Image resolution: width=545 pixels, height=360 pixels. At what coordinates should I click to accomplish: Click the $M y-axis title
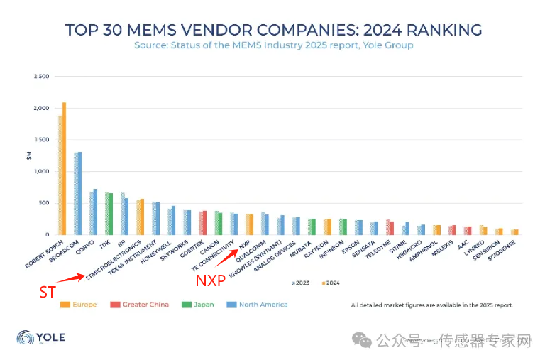pyautogui.click(x=29, y=154)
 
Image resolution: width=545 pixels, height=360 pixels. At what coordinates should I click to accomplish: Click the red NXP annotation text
pyautogui.click(x=210, y=280)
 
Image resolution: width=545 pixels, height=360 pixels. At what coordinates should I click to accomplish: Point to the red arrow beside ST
pyautogui.click(x=72, y=276)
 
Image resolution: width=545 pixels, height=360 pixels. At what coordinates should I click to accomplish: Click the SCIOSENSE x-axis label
pyautogui.click(x=521, y=251)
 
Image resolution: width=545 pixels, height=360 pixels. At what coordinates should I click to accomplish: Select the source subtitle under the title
pyautogui.click(x=273, y=45)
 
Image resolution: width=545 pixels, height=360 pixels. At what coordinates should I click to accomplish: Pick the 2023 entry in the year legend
pyautogui.click(x=301, y=282)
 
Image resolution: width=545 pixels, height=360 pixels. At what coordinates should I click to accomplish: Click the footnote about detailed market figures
pyautogui.click(x=431, y=305)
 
